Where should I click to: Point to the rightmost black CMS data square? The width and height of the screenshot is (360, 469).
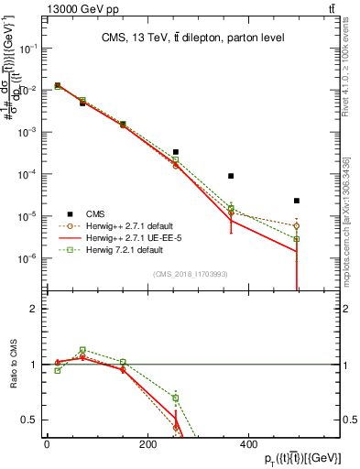click(297, 201)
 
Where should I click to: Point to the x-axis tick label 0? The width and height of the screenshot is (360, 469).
click(47, 444)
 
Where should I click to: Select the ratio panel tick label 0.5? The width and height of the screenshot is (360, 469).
click(30, 420)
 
